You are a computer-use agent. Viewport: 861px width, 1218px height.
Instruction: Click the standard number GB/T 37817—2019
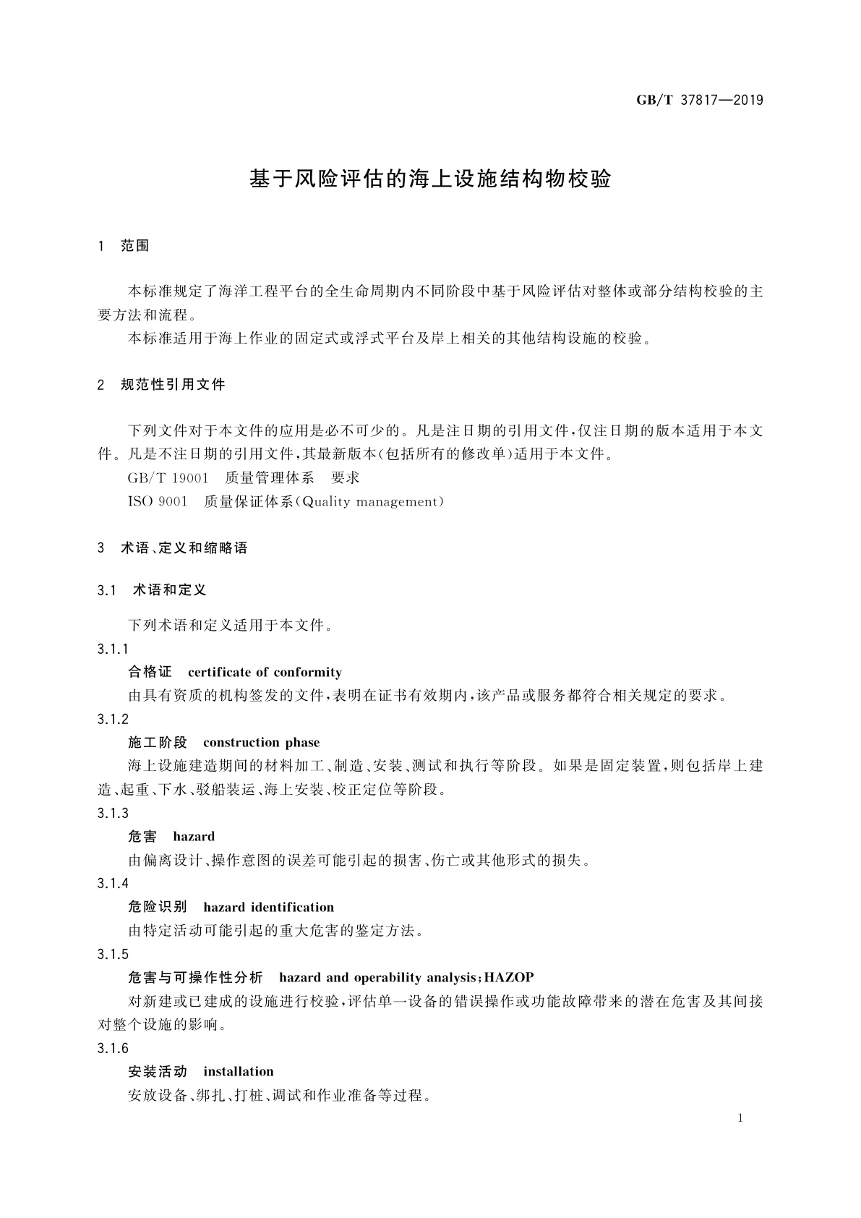tap(699, 101)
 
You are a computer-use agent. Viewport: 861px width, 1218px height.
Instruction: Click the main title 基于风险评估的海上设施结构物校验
tap(430, 179)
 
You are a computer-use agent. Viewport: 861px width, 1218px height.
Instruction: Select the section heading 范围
tap(134, 246)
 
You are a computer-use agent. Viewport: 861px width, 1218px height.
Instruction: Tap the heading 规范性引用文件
tap(173, 385)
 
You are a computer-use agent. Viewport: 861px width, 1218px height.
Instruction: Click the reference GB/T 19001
tap(168, 478)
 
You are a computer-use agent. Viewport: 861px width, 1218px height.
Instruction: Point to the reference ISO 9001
tap(158, 502)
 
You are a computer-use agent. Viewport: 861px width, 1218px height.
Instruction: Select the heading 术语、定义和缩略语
tap(184, 548)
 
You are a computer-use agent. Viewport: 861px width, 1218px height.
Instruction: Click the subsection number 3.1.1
tap(113, 649)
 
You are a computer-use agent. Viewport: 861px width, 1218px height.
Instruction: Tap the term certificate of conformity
tap(265, 673)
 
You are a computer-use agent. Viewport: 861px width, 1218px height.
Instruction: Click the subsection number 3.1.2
tap(113, 719)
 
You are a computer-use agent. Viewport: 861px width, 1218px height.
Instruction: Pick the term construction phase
tap(261, 743)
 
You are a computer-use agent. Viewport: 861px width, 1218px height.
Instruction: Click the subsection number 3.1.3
tap(113, 814)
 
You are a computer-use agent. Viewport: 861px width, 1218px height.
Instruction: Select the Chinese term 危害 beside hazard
tap(142, 837)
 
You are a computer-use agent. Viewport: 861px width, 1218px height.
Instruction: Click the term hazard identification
tap(269, 908)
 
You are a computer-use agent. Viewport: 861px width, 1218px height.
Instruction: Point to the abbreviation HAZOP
tap(509, 978)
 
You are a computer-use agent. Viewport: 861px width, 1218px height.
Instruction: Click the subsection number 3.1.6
tap(113, 1049)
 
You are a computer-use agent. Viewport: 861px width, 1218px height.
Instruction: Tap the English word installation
tap(239, 1072)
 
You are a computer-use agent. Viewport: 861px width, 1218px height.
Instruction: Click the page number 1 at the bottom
tap(740, 1118)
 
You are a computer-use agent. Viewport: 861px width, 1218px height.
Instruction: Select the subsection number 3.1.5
tap(113, 955)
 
